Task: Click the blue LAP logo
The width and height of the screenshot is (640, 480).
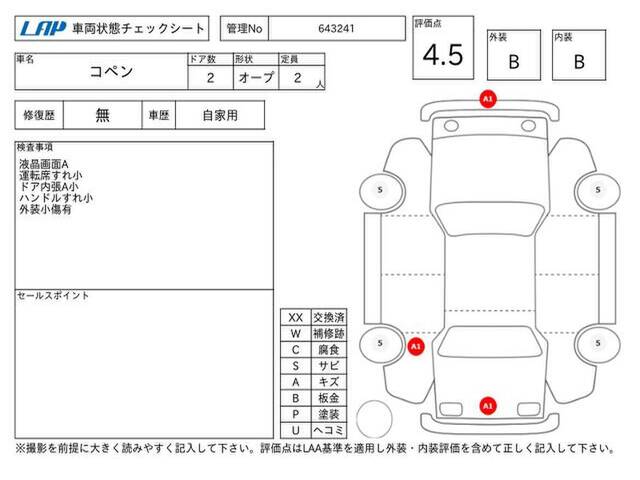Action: (42, 28)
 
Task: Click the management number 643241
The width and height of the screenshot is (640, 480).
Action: (336, 29)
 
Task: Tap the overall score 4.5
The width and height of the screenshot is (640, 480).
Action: (443, 55)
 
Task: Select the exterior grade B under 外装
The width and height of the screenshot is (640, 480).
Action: (514, 62)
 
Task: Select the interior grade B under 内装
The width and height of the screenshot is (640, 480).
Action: (579, 62)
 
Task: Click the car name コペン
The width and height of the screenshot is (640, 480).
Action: (111, 71)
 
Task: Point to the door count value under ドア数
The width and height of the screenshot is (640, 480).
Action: (210, 78)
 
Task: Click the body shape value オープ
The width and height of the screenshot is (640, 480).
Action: (256, 77)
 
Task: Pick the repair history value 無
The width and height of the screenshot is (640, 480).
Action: (102, 115)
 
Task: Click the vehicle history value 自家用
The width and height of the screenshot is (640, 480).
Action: (220, 115)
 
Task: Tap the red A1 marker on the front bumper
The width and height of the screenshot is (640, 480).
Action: (488, 99)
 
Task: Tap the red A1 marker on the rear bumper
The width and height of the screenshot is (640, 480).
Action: (488, 406)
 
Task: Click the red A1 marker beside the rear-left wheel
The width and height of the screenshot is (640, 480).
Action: (416, 347)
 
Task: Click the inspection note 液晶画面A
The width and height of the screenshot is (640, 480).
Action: (44, 164)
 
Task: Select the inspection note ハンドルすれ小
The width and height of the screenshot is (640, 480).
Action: (56, 198)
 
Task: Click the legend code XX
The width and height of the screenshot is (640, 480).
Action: (296, 318)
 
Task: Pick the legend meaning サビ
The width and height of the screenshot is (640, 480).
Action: (329, 366)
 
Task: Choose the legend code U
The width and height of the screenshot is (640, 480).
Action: (296, 430)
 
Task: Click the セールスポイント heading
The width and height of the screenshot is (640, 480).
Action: (53, 295)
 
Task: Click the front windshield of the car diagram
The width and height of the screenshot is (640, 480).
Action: (489, 219)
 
